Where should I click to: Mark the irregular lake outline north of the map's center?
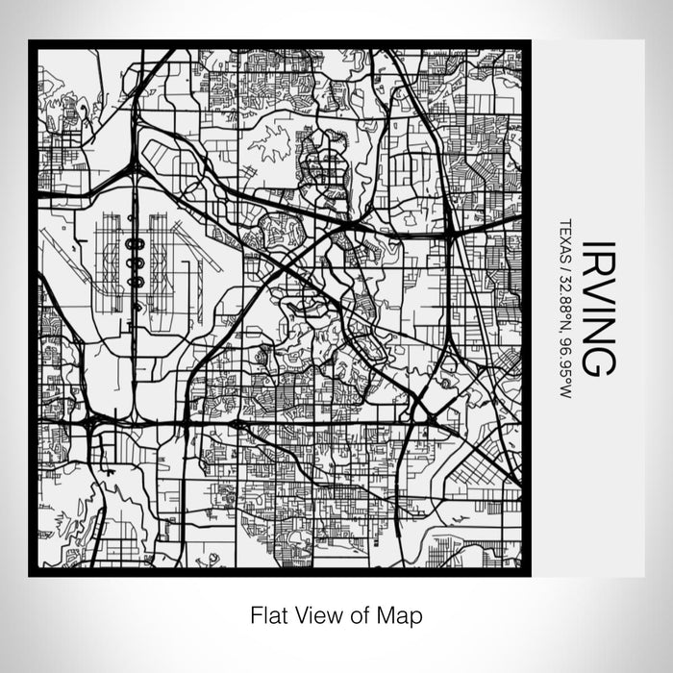[x=268, y=140]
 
